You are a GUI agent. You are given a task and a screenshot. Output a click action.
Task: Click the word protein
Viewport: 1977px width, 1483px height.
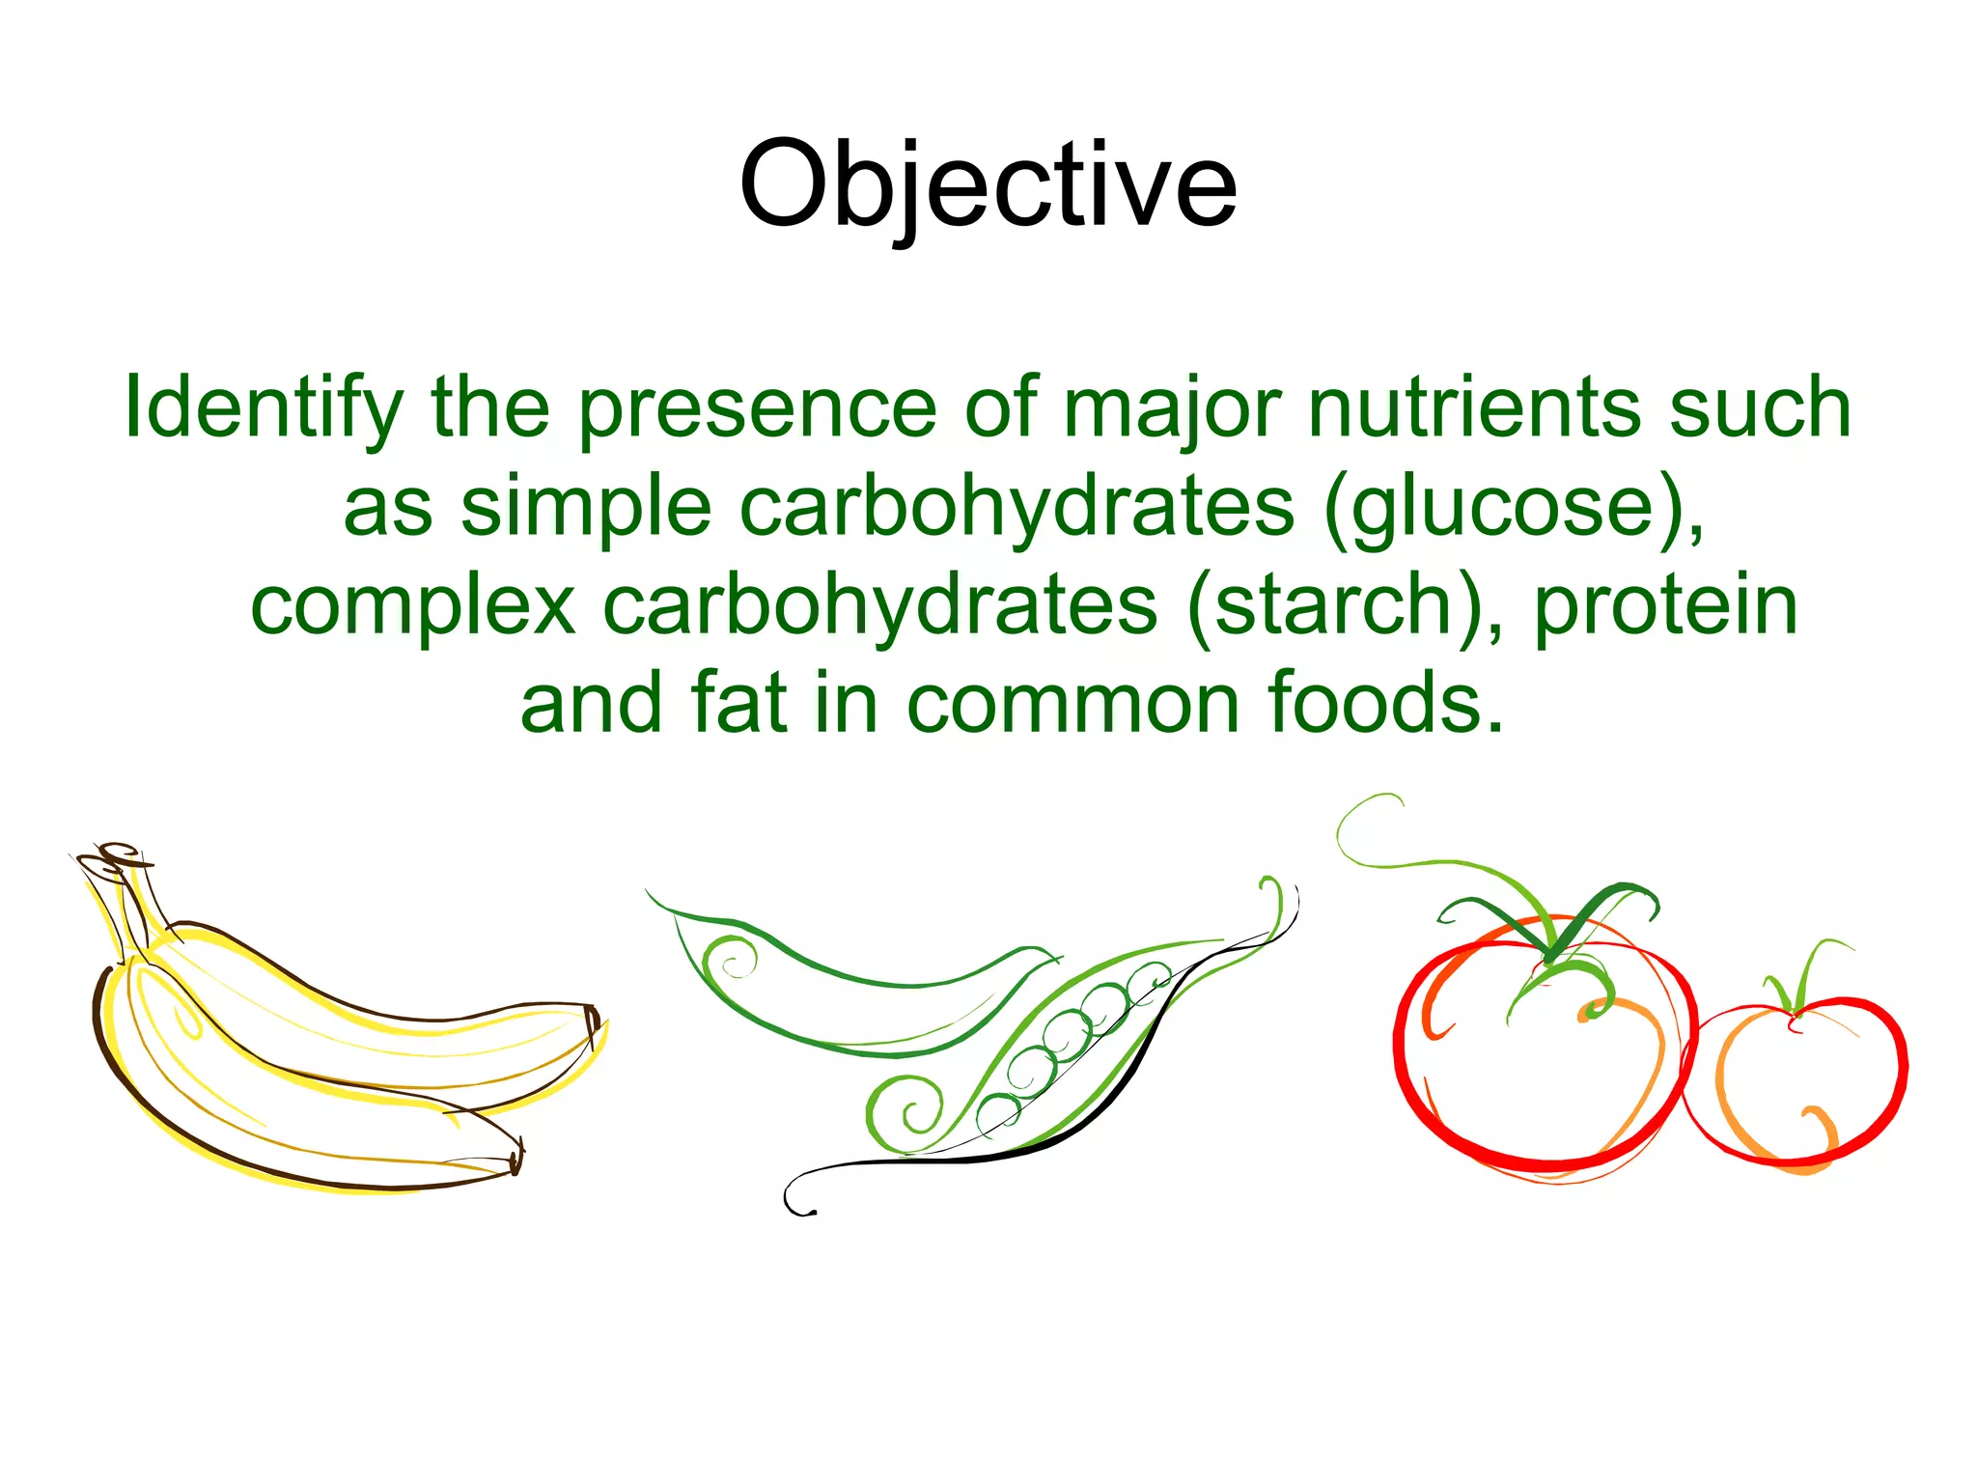pos(1665,607)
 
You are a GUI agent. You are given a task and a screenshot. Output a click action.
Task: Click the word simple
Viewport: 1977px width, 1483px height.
pos(586,509)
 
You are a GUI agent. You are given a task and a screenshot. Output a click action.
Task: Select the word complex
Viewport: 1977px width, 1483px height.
pos(413,607)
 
